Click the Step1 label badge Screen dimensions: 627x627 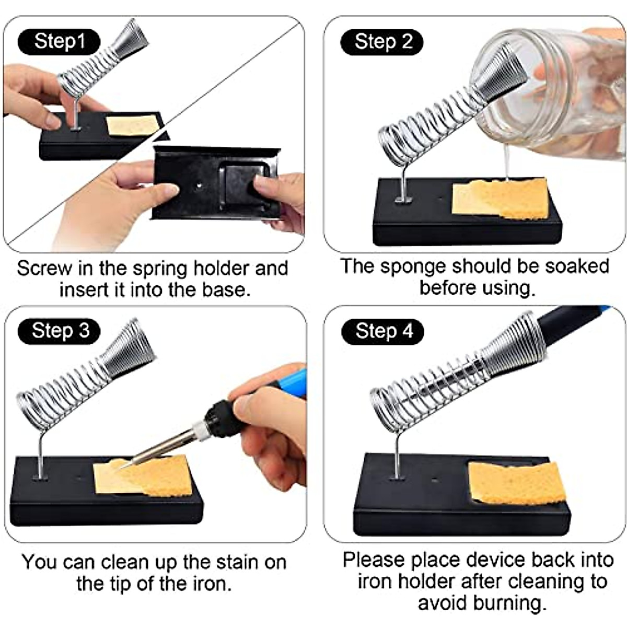(59, 42)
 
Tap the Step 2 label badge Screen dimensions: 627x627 (382, 42)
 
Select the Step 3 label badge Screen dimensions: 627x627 (59, 331)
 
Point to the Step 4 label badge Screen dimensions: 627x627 (382, 331)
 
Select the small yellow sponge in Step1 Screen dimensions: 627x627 (133, 125)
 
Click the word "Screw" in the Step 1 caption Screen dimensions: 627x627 (44, 269)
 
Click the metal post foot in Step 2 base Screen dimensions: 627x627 (403, 199)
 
